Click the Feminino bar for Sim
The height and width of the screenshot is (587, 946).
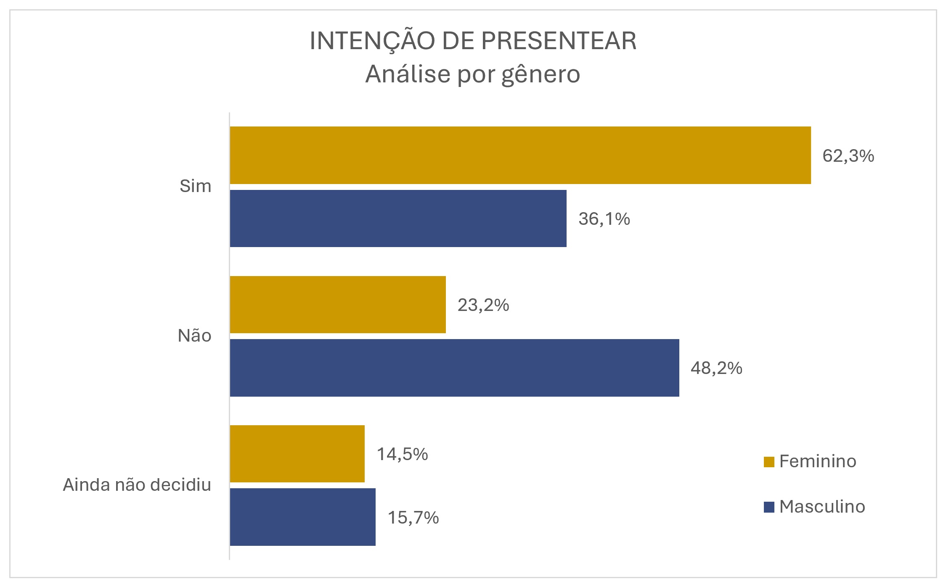tap(520, 155)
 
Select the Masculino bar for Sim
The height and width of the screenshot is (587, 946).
tap(398, 218)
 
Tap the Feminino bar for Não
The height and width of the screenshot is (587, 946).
tap(337, 305)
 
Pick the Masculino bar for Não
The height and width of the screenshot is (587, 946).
tap(454, 368)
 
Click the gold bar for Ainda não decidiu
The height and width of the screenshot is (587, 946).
tap(297, 454)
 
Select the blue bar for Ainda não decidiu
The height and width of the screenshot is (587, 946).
tap(302, 517)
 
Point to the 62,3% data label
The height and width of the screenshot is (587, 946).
tap(848, 156)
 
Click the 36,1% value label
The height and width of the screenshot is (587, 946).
tap(604, 219)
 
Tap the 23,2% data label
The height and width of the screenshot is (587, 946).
tap(483, 305)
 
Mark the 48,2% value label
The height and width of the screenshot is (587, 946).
tap(716, 368)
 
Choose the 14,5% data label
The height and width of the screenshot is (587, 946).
tap(402, 454)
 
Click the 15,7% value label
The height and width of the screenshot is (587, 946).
tap(413, 518)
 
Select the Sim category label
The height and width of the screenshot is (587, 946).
tap(195, 186)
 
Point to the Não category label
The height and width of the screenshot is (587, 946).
tap(194, 336)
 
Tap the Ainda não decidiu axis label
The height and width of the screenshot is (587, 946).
tap(137, 485)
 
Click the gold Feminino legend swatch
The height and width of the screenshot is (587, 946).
tap(769, 462)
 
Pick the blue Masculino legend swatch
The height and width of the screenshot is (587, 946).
tap(769, 507)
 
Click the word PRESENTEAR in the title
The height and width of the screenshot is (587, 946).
tap(559, 41)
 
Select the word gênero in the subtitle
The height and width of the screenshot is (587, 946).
tap(541, 75)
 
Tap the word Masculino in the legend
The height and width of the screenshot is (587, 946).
tap(822, 507)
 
